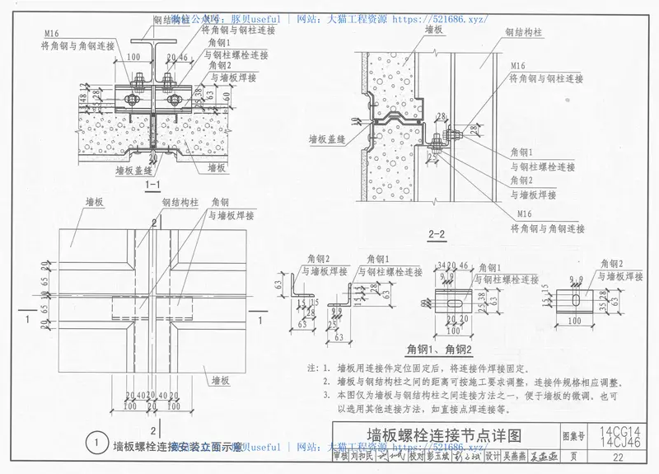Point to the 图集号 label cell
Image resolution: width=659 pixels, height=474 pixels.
(x=574, y=434)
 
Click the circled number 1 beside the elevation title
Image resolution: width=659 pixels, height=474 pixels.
(x=98, y=445)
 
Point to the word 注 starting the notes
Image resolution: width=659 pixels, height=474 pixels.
(x=311, y=368)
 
